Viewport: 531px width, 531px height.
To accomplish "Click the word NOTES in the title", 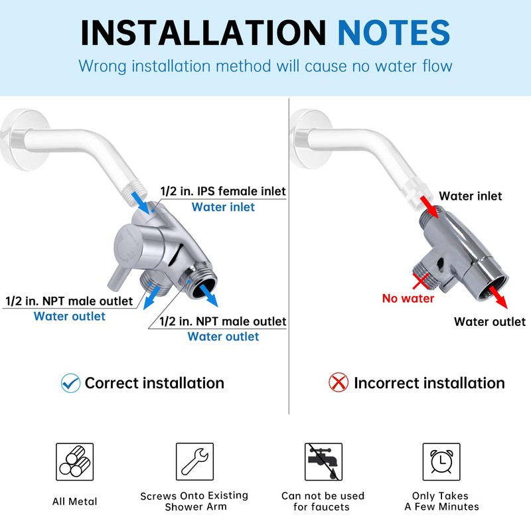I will pyautogui.click(x=394, y=32).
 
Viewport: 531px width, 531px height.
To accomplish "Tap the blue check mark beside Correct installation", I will pyautogui.click(x=70, y=383).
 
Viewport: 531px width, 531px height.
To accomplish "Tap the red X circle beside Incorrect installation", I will pyautogui.click(x=339, y=383).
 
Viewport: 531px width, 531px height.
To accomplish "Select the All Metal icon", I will pyautogui.click(x=74, y=462).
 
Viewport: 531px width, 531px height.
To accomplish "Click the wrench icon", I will pyautogui.click(x=194, y=462).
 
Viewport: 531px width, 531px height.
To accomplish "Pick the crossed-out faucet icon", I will pyautogui.click(x=323, y=462).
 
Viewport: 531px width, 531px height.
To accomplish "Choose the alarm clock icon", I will pyautogui.click(x=441, y=462).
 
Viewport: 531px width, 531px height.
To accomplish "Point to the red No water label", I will pyautogui.click(x=408, y=298).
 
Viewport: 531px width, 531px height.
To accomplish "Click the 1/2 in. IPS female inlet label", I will pyautogui.click(x=223, y=192).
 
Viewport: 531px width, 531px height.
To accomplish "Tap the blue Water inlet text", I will pyautogui.click(x=223, y=207).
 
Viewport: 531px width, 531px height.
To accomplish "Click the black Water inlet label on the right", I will pyautogui.click(x=471, y=196).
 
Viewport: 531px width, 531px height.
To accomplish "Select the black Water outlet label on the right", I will pyautogui.click(x=490, y=322).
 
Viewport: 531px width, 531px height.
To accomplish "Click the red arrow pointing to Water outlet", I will pyautogui.click(x=499, y=298).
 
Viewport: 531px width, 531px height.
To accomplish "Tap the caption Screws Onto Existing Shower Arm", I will pyautogui.click(x=194, y=501).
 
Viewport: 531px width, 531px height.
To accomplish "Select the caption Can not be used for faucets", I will pyautogui.click(x=323, y=501).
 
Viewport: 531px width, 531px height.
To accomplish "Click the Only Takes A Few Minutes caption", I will pyautogui.click(x=441, y=501).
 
